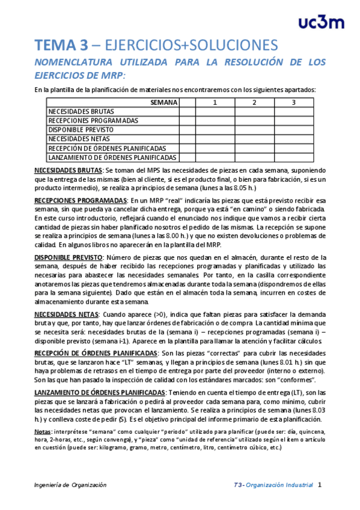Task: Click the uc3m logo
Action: pos(322,22)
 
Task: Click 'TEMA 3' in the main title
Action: pos(61,46)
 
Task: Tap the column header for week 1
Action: pos(215,102)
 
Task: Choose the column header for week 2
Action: pos(254,102)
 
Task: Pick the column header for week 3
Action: pos(294,102)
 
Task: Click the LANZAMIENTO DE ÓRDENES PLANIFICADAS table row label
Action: pos(112,157)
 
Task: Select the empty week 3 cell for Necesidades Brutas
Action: pos(294,111)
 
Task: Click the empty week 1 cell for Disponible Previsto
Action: pos(215,129)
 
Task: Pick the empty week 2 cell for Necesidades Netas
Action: pos(254,139)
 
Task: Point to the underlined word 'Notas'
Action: pos(43,432)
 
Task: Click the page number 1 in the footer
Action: pos(320,484)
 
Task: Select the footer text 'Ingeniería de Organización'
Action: pos(70,485)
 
